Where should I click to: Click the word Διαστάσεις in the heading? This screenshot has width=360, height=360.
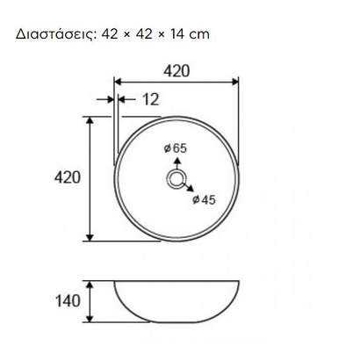click(56, 34)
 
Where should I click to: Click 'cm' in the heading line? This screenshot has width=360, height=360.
click(199, 35)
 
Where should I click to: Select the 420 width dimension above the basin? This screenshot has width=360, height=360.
click(176, 71)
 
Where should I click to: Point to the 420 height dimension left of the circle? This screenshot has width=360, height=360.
click(67, 177)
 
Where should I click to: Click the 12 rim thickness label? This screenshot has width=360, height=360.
click(151, 99)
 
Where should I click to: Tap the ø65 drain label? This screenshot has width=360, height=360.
click(175, 148)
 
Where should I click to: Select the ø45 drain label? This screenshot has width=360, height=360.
click(204, 200)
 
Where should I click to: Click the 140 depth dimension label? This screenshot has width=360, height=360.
click(68, 301)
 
